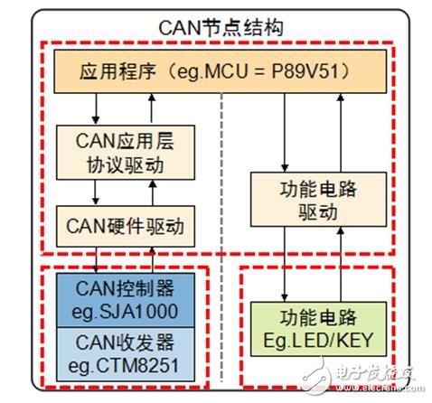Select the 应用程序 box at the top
click(x=217, y=71)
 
